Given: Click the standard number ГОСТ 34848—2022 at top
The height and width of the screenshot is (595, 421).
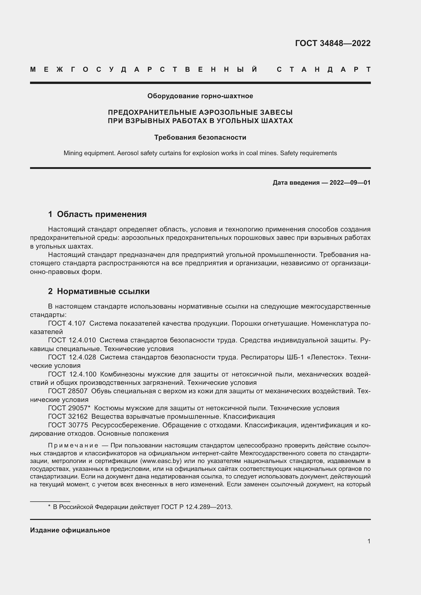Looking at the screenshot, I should [333, 43].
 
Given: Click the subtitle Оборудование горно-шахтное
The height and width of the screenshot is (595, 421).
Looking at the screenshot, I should [200, 96].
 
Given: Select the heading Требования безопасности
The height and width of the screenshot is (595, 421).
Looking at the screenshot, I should [200, 137].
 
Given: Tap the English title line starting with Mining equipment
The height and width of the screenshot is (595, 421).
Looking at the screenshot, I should [200, 153].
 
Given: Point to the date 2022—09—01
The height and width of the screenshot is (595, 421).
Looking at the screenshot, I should [350, 183].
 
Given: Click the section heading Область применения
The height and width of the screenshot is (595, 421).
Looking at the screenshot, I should [102, 214].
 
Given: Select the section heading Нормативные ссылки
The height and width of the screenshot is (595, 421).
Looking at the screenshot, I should [103, 292].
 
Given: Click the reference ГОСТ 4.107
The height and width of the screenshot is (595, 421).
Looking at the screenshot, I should [67, 323].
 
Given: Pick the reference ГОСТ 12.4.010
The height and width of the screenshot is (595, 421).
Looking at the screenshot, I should [72, 340].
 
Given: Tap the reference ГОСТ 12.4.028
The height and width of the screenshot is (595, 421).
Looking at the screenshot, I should [72, 357].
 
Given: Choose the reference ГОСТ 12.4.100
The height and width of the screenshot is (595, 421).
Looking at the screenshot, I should [72, 374].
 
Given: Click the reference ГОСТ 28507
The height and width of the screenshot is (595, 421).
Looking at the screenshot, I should [68, 391].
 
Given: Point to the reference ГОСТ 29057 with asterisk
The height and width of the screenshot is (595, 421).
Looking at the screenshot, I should [69, 408].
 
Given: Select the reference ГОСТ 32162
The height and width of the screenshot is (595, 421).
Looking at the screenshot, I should [68, 416].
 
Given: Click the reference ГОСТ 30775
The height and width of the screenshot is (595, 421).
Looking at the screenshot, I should [68, 425].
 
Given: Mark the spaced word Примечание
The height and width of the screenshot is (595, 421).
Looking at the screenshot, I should [73, 445].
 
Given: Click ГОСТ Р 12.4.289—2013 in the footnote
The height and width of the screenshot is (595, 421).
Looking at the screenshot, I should [197, 507].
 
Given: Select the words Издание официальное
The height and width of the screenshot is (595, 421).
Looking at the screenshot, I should [70, 530].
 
